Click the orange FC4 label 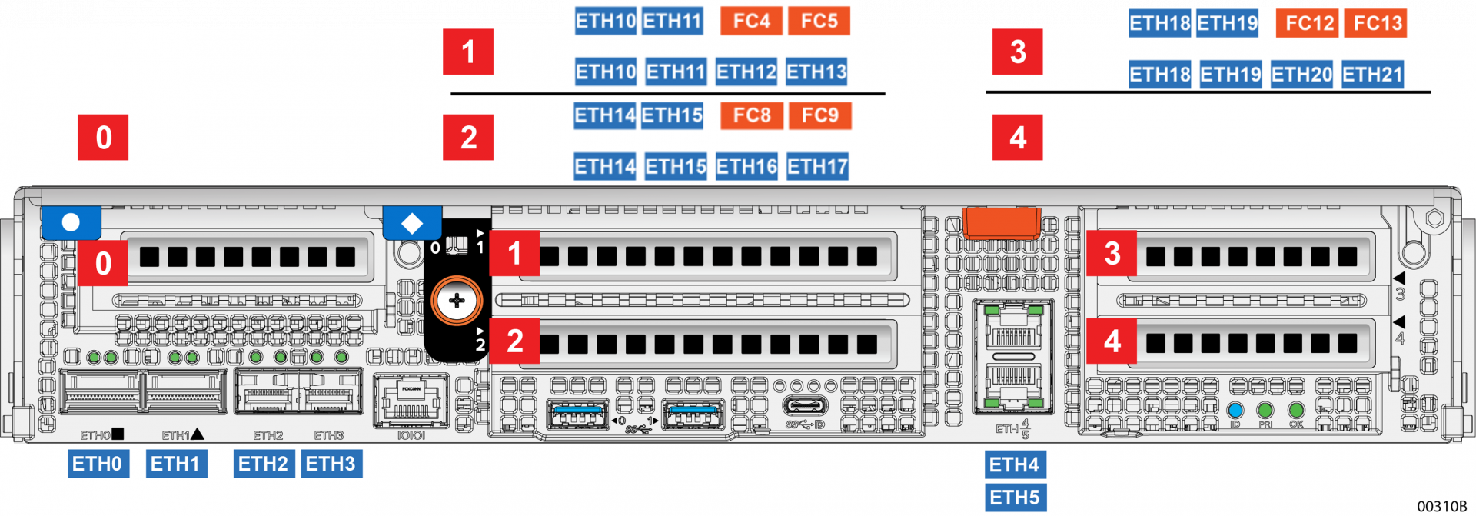click(751, 21)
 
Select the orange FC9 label click(819, 115)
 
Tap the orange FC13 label click(1378, 23)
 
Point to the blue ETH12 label click(746, 72)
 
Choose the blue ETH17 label click(817, 167)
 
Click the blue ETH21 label click(1372, 75)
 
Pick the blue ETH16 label click(746, 167)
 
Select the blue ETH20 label click(1301, 75)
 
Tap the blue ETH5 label click(1015, 498)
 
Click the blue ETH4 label click(1015, 464)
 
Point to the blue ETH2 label click(263, 464)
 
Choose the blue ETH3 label click(331, 464)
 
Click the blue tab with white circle click(71, 222)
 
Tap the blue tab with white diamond click(412, 223)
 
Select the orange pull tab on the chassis click(1002, 222)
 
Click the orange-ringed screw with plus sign click(457, 301)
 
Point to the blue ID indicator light click(1235, 410)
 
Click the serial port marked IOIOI click(411, 401)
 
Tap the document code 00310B click(1441, 506)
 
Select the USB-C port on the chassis click(805, 405)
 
